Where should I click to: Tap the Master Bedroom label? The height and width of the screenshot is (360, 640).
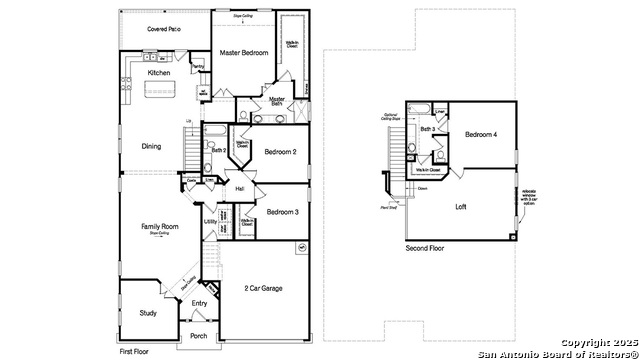click(x=244, y=52)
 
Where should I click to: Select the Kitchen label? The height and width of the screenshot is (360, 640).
click(x=159, y=73)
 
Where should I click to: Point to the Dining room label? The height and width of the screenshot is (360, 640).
click(x=151, y=146)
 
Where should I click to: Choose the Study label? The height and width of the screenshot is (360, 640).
click(x=148, y=313)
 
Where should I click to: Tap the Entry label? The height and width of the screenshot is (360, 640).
click(x=199, y=303)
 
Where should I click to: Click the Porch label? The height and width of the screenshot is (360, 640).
click(x=198, y=335)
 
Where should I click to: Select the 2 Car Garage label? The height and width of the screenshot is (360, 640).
click(x=263, y=288)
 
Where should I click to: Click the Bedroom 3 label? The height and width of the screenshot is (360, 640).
click(x=283, y=212)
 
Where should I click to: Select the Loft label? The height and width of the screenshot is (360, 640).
click(x=461, y=207)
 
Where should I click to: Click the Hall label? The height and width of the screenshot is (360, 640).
click(x=240, y=188)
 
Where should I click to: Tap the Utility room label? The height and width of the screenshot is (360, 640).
click(x=211, y=221)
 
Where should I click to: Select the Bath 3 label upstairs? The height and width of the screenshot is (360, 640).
click(x=427, y=130)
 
